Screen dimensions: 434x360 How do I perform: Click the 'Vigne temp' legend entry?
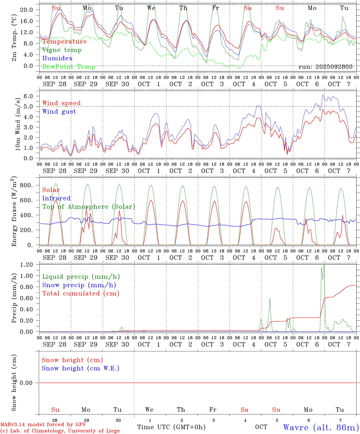[62, 50]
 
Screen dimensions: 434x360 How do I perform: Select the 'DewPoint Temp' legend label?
[69, 67]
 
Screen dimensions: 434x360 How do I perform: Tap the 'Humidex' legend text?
[57, 58]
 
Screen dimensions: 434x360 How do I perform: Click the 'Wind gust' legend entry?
[59, 112]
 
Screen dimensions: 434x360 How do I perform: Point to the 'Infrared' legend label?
[56, 198]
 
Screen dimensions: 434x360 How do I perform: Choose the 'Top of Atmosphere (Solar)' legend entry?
[88, 207]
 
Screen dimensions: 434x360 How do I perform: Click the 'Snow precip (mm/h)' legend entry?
[79, 285]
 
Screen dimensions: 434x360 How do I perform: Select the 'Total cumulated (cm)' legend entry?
[81, 294]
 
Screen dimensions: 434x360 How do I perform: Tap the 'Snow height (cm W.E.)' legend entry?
[80, 368]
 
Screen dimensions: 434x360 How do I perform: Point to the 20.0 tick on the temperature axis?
[27, 10]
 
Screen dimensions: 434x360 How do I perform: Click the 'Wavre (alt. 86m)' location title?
[321, 427]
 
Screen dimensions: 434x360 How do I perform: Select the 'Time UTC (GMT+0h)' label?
[171, 427]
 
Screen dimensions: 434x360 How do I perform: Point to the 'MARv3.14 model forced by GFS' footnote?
[43, 425]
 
